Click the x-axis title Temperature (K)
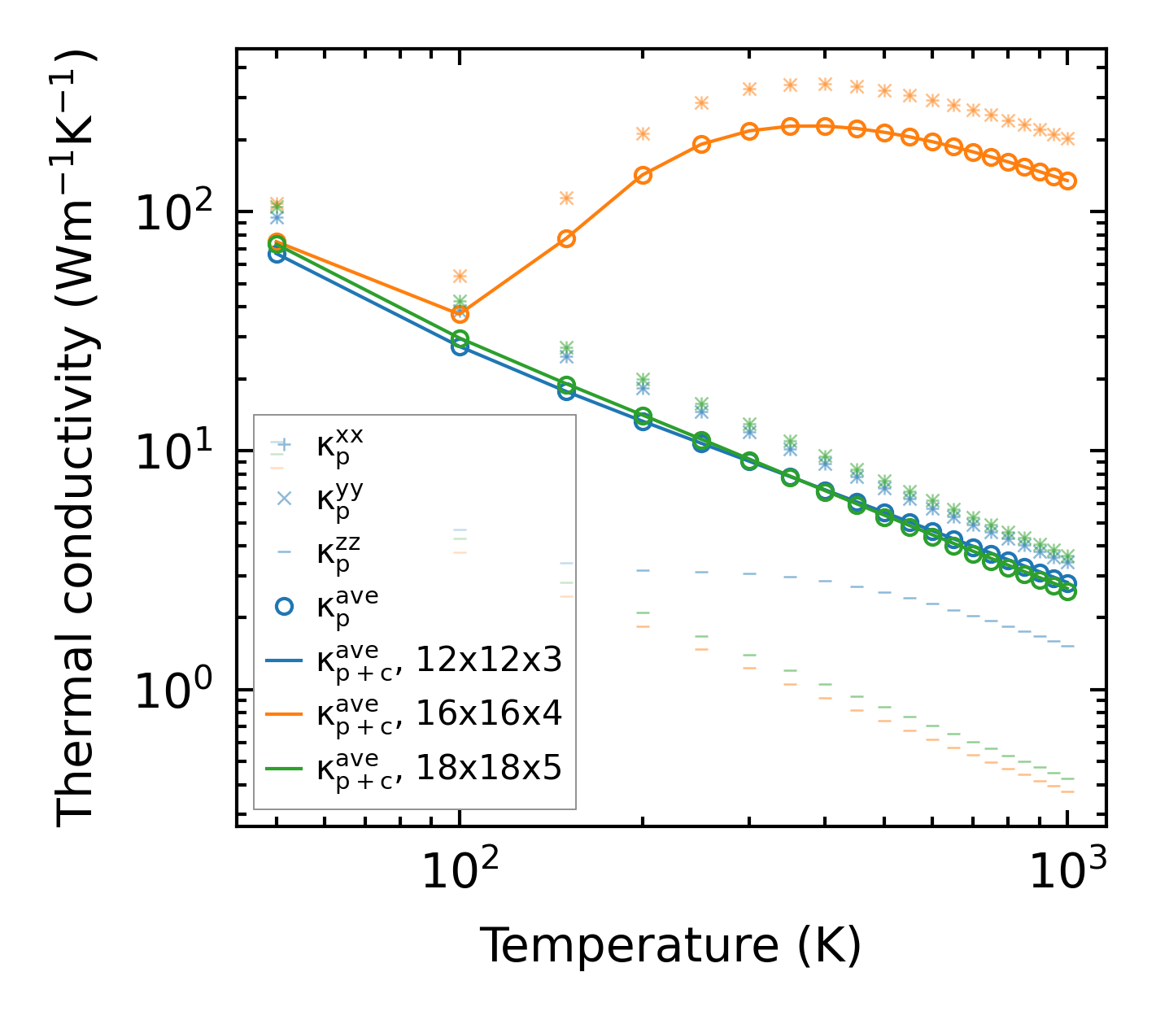(x=670, y=946)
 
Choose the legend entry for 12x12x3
(x=439, y=660)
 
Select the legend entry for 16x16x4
(x=439, y=713)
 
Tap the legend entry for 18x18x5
(x=439, y=767)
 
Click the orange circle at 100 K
(x=460, y=314)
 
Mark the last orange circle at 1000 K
(x=1068, y=181)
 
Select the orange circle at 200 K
(x=643, y=175)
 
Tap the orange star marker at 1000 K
(x=1068, y=139)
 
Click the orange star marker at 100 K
(x=460, y=277)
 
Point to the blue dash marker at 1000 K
(x=1068, y=647)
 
